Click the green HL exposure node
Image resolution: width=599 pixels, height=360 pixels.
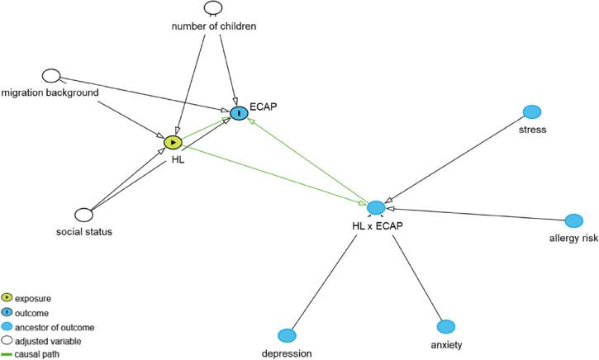pos(173,142)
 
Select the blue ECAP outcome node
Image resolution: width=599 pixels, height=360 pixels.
pos(239,112)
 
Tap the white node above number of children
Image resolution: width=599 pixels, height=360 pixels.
pos(213,7)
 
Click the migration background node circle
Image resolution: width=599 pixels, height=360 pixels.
pos(52,76)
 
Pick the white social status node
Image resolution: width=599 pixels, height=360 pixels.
pos(83,215)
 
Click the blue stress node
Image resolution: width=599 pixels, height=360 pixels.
pos(533,111)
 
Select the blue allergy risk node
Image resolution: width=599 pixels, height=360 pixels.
pos(575,221)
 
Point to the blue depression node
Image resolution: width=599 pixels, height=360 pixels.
pos(287,335)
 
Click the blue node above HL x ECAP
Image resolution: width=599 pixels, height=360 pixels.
pos(376,207)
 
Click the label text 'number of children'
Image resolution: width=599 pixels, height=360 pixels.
pos(213,26)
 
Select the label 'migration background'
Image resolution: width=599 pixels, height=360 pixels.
pos(50,92)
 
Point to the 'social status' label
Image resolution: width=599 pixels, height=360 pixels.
pos(83,231)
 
